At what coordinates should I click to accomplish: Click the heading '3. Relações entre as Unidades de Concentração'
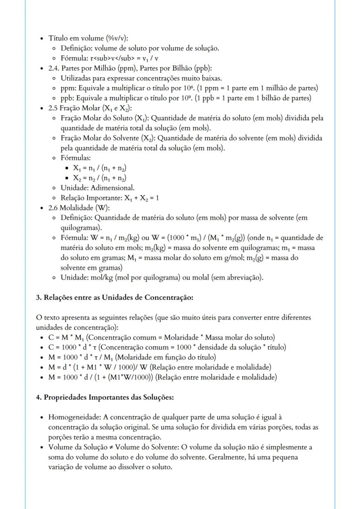114,297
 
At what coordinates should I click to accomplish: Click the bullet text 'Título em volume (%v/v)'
85,38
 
